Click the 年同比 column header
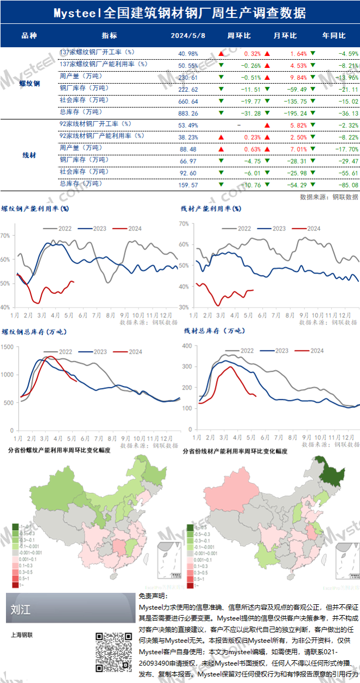(x=334, y=36)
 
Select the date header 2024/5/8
(x=188, y=36)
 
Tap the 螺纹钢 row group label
(x=29, y=83)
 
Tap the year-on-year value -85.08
(x=348, y=185)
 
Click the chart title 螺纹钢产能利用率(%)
(x=35, y=208)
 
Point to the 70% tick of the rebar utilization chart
(x=5, y=236)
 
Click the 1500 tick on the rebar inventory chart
(x=9, y=347)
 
